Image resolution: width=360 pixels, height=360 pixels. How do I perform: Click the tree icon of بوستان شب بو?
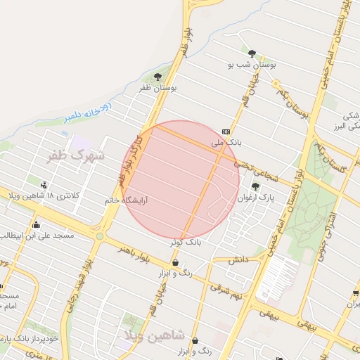tap(252, 53)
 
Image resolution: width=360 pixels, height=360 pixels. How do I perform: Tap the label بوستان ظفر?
tap(157, 88)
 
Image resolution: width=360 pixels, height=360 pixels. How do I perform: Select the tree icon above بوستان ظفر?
tap(157, 77)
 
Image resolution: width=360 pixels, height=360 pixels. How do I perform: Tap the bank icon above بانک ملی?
tap(226, 131)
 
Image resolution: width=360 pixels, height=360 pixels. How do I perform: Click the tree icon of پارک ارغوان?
tap(255, 186)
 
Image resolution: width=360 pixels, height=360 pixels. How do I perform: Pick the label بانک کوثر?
tap(186, 241)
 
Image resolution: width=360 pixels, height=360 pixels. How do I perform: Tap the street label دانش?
tap(239, 259)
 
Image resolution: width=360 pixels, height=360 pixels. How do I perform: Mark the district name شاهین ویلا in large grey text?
tap(154, 333)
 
